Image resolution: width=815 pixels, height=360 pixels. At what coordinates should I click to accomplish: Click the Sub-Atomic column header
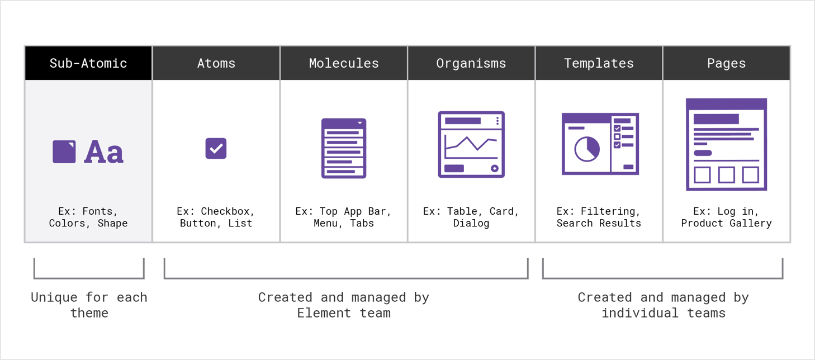coord(88,63)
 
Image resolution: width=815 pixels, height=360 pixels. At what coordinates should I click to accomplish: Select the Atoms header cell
coord(216,63)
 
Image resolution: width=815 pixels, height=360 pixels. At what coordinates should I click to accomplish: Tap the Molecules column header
coord(344,63)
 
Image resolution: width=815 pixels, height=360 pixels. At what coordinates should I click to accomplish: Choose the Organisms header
coord(471,63)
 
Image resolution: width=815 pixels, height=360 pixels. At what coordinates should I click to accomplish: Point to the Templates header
coord(599,63)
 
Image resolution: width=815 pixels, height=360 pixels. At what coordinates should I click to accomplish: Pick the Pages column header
coord(727,63)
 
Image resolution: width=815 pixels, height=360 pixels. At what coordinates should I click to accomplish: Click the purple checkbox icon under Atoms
coord(216,148)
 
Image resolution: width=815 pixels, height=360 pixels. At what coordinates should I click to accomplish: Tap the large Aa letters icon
coord(104,151)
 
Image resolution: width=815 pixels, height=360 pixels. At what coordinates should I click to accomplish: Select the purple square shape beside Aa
coord(64,151)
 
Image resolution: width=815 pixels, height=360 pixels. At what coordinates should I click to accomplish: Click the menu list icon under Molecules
coord(343,148)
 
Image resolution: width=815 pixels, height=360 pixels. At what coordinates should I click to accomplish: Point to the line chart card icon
coord(471,145)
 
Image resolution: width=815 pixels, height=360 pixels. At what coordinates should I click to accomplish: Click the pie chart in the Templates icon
coord(587,149)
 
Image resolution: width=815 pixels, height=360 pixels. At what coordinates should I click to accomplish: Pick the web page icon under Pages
coord(727,145)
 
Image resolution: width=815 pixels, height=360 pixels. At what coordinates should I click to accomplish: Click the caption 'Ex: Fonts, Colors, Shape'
coord(88,217)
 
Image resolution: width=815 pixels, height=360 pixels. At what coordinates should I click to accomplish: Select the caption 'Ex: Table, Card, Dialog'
coord(471,217)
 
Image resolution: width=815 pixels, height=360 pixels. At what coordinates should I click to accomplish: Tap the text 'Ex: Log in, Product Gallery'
coord(727,217)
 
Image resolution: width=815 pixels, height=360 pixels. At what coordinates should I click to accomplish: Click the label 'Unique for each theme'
coord(89,305)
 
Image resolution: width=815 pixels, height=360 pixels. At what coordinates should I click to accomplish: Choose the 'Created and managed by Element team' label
coord(344,305)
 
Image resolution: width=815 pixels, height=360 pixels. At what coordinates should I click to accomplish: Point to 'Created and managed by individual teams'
coord(664,305)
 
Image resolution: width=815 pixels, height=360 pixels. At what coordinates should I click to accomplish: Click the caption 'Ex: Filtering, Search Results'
coord(599,217)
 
